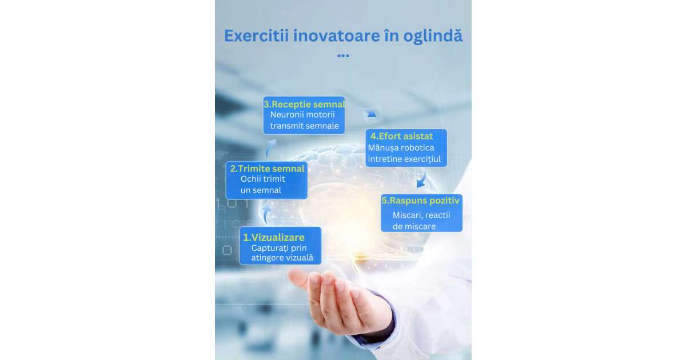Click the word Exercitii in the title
pyautogui.click(x=257, y=36)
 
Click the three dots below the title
pyautogui.click(x=344, y=56)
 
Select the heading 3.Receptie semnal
pyautogui.click(x=304, y=105)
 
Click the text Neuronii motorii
pyautogui.click(x=302, y=115)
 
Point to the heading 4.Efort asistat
pyautogui.click(x=401, y=136)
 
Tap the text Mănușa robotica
pyautogui.click(x=401, y=148)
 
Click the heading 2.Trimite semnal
pyautogui.click(x=268, y=169)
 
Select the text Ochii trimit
pyautogui.click(x=263, y=179)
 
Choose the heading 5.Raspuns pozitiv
pyautogui.click(x=421, y=201)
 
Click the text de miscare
pyautogui.click(x=414, y=226)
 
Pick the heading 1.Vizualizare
pyautogui.click(x=274, y=238)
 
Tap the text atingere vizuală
pyautogui.click(x=282, y=258)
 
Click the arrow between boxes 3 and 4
pyautogui.click(x=370, y=113)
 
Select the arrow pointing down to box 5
pyautogui.click(x=422, y=180)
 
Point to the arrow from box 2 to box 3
pyautogui.click(x=269, y=148)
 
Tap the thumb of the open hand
pyautogui.click(x=300, y=279)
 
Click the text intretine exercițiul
pyautogui.click(x=404, y=159)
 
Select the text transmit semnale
pyautogui.click(x=304, y=126)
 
